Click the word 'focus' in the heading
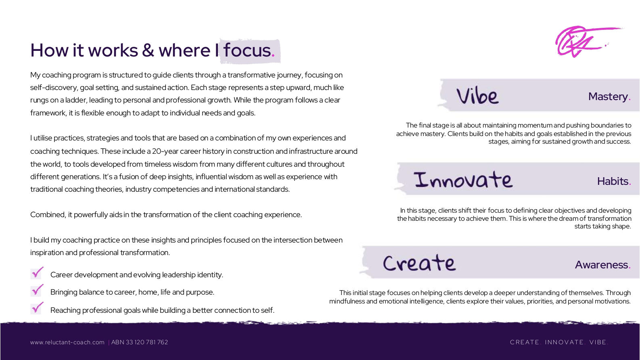(247, 50)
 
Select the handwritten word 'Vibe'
(477, 96)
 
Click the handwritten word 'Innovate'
(463, 180)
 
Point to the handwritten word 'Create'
(419, 263)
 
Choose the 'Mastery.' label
(609, 96)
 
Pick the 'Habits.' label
(614, 181)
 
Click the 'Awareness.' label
(602, 265)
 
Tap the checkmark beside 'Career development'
(37, 273)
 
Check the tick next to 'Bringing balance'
(37, 291)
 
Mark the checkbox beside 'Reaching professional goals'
(37, 308)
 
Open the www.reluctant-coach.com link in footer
(67, 342)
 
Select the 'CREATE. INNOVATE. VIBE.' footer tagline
(559, 342)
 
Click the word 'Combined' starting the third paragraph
(48, 215)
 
